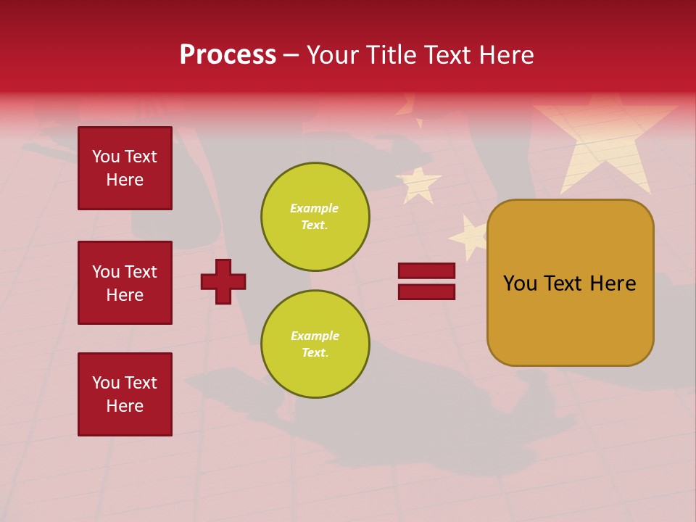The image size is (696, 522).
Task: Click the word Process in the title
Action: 228,55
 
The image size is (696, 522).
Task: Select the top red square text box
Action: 125,168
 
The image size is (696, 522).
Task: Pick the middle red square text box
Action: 125,283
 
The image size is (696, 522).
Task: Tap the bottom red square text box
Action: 125,394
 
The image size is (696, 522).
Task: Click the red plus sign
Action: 223,281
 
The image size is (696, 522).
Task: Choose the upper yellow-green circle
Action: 315,217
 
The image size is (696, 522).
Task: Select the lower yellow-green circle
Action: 315,344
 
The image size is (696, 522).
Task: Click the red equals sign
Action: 426,281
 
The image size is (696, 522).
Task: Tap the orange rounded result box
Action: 571,283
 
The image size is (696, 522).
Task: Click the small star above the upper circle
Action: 418,183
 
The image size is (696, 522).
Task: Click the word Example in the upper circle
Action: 314,208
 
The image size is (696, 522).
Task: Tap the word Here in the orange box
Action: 613,283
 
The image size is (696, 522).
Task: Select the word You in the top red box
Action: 106,157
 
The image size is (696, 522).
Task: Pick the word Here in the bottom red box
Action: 125,406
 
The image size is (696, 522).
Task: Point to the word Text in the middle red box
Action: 141,272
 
